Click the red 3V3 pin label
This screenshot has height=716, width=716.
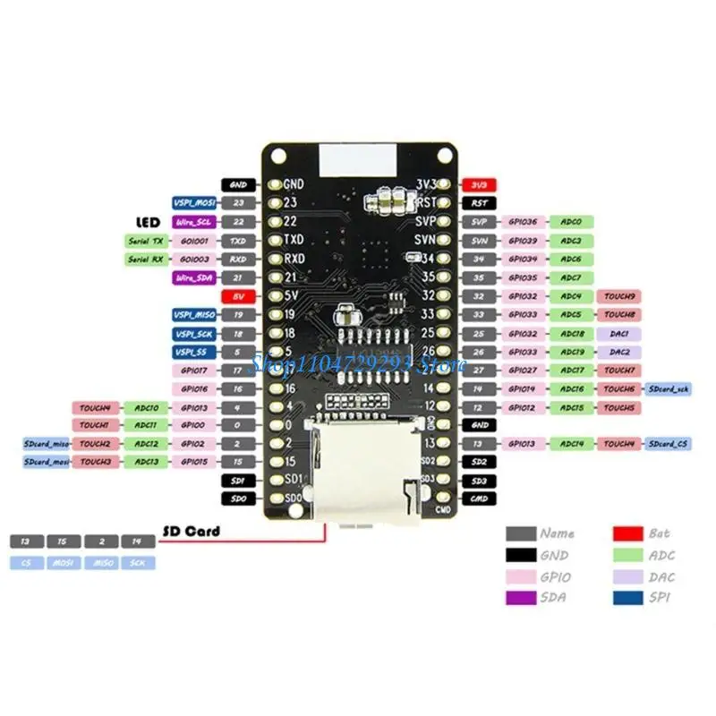pyautogui.click(x=479, y=184)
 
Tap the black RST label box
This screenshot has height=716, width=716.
pyautogui.click(x=479, y=203)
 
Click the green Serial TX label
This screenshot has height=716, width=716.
pyautogui.click(x=146, y=241)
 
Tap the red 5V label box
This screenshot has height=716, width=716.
pyautogui.click(x=238, y=295)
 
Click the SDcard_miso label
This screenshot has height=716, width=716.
pyautogui.click(x=46, y=444)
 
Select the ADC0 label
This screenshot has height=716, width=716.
pyautogui.click(x=571, y=222)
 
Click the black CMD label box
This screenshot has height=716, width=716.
pyautogui.click(x=479, y=499)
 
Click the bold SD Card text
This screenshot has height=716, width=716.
pyautogui.click(x=192, y=532)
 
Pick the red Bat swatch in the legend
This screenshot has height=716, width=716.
pyautogui.click(x=629, y=533)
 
